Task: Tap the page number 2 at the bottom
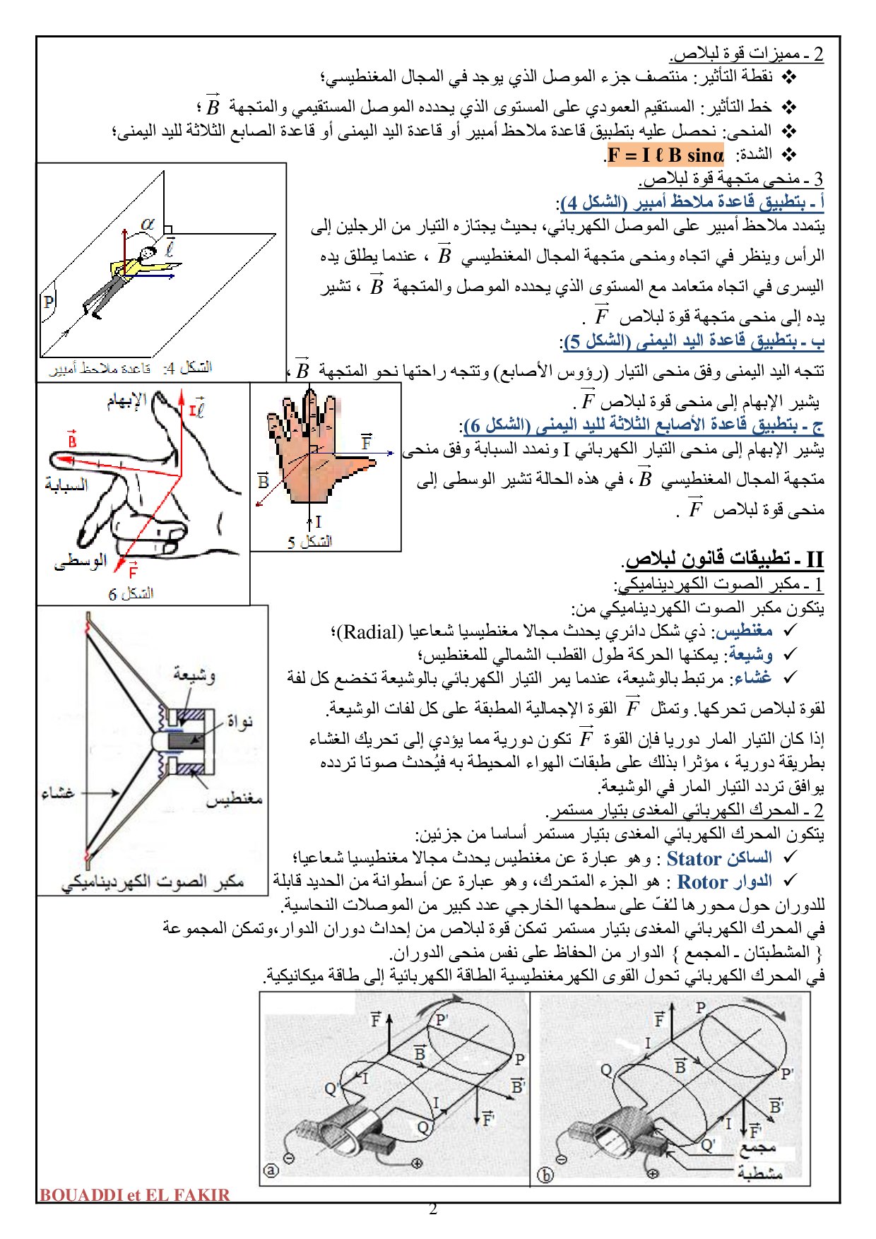point(433,1209)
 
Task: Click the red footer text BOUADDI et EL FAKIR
point(135,1195)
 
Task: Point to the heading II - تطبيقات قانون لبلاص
point(725,559)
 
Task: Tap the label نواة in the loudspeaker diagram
point(239,722)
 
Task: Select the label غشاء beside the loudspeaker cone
point(58,793)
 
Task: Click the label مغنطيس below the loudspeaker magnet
point(234,799)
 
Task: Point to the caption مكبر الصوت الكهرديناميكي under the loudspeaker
point(153,882)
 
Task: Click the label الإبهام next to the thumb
point(127,401)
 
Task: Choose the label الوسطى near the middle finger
point(80,561)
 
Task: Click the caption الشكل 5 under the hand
point(309,542)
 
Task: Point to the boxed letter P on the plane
point(48,302)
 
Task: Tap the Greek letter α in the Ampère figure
point(147,224)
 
